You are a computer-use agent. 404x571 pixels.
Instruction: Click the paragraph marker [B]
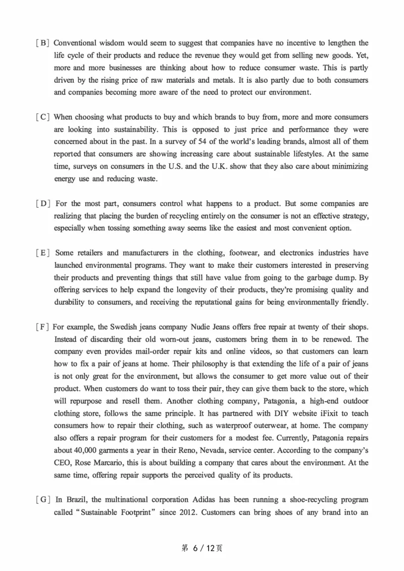(42, 43)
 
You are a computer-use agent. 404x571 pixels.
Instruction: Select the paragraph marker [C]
(42, 117)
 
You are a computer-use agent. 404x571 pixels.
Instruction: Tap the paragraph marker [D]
(43, 204)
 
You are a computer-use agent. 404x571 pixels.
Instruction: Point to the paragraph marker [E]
(43, 253)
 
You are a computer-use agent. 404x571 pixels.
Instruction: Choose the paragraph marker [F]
(42, 327)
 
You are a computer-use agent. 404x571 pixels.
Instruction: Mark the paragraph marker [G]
(43, 500)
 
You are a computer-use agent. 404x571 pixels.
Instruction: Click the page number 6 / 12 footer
(201, 548)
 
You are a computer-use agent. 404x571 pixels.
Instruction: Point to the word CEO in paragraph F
(63, 463)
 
